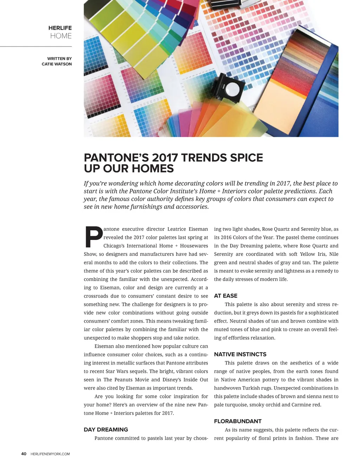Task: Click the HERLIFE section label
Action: click(60, 28)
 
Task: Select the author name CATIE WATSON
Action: click(57, 64)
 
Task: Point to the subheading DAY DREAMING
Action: click(106, 429)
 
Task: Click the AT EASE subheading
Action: click(226, 296)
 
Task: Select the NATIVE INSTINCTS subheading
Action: click(240, 354)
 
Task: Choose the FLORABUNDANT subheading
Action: click(238, 421)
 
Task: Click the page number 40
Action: click(24, 454)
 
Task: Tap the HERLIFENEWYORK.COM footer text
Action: click(50, 454)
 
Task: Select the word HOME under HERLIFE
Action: click(61, 36)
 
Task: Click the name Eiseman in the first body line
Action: click(198, 229)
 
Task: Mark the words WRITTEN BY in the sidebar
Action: click(59, 58)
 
